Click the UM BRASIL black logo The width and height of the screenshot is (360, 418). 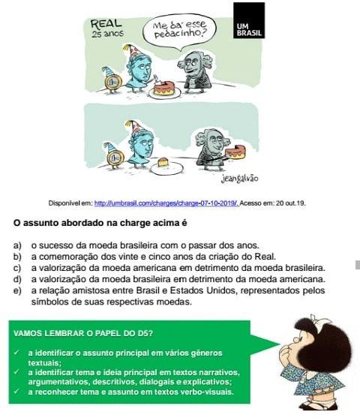pyautogui.click(x=249, y=20)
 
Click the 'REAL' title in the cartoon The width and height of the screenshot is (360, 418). pyautogui.click(x=106, y=24)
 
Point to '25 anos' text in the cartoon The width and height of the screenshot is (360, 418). pyautogui.click(x=108, y=34)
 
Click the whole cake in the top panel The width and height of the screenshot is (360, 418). pyautogui.click(x=165, y=89)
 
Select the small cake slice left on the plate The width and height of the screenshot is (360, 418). pyautogui.click(x=163, y=162)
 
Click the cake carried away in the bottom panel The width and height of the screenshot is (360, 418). pyautogui.click(x=235, y=152)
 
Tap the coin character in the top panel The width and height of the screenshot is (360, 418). pyautogui.click(x=112, y=80)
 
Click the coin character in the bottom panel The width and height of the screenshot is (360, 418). pyautogui.click(x=114, y=155)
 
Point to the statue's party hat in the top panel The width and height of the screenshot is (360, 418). pyautogui.click(x=130, y=50)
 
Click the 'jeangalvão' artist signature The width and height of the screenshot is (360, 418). pyautogui.click(x=239, y=179)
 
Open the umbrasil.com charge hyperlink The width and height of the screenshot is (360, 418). pyautogui.click(x=166, y=203)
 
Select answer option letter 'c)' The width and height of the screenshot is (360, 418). pyautogui.click(x=17, y=268)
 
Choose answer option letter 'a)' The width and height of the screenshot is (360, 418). pyautogui.click(x=17, y=245)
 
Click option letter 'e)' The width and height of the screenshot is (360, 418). pyautogui.click(x=17, y=290)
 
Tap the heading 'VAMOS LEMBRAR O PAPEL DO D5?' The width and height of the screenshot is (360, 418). pyautogui.click(x=82, y=333)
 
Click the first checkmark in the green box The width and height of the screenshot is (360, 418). pyautogui.click(x=16, y=353)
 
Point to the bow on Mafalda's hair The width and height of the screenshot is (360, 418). pyautogui.click(x=318, y=319)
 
